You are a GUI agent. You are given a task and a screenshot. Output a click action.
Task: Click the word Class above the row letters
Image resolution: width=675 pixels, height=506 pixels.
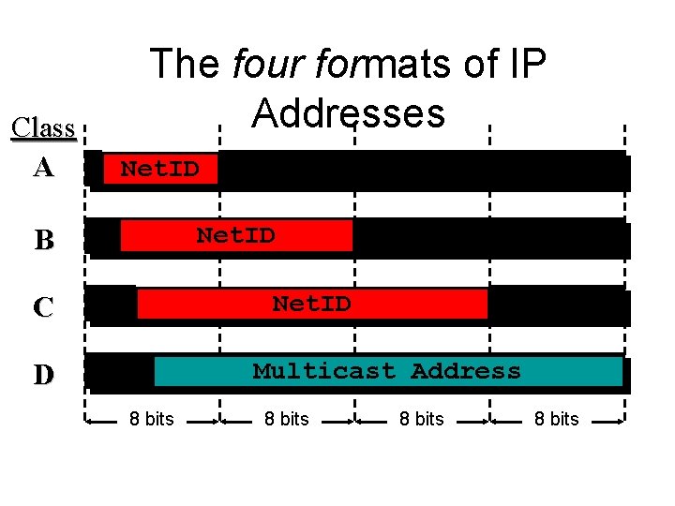pyautogui.click(x=43, y=126)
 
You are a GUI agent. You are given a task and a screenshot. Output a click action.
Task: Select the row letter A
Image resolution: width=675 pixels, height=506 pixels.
pyautogui.click(x=43, y=168)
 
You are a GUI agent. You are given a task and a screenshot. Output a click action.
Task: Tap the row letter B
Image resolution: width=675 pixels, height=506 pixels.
pyautogui.click(x=43, y=240)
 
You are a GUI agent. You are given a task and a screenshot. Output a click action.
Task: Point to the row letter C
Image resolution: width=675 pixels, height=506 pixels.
pyautogui.click(x=43, y=307)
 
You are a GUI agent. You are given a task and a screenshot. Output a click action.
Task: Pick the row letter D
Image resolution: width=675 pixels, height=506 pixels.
pyautogui.click(x=43, y=375)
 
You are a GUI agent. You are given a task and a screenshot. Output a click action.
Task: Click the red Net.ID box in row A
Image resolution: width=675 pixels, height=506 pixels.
pyautogui.click(x=160, y=169)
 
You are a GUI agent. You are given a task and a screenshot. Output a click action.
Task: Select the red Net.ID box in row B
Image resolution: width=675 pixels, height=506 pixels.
pyautogui.click(x=236, y=235)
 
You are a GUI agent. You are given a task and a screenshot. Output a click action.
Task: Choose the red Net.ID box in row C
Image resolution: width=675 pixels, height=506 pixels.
pyautogui.click(x=312, y=304)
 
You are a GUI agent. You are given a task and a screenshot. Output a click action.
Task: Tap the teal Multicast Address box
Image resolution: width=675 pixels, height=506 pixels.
pyautogui.click(x=387, y=371)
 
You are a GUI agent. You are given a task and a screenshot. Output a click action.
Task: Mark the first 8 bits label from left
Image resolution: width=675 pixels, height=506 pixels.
pyautogui.click(x=152, y=419)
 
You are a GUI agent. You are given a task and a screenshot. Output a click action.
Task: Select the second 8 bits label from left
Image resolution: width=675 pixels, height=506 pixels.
pyautogui.click(x=287, y=419)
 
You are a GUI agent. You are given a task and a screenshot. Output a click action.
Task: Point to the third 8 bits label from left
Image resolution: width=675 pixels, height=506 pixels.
pyautogui.click(x=422, y=419)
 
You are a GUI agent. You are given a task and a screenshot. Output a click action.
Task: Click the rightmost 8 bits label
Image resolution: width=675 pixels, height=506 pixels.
pyautogui.click(x=557, y=419)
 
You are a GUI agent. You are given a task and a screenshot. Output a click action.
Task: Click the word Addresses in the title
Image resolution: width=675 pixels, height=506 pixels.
pyautogui.click(x=348, y=113)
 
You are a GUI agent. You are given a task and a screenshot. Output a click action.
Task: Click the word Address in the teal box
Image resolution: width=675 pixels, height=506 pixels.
pyautogui.click(x=465, y=371)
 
